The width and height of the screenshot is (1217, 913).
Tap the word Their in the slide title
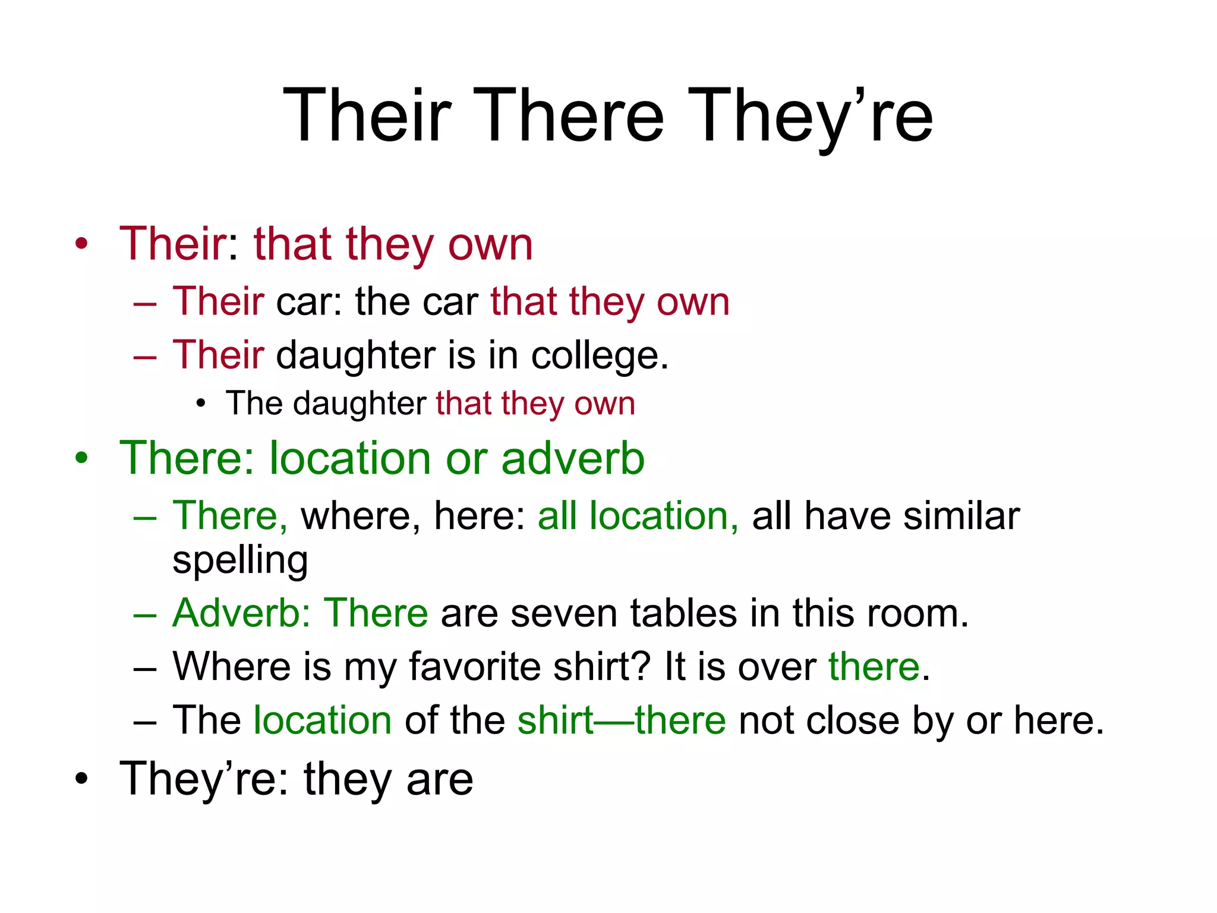(367, 115)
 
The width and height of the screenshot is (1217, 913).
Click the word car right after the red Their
(302, 301)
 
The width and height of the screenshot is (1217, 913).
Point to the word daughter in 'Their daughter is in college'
(355, 355)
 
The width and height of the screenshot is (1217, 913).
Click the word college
(599, 356)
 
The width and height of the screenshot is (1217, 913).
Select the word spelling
(240, 561)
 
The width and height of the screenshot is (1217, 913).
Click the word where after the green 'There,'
(355, 515)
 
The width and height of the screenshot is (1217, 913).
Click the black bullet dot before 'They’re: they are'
(81, 779)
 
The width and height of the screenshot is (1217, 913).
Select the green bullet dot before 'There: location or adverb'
(81, 458)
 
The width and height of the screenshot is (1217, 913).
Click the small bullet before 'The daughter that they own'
(201, 404)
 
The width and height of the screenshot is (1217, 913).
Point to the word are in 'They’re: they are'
(440, 779)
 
